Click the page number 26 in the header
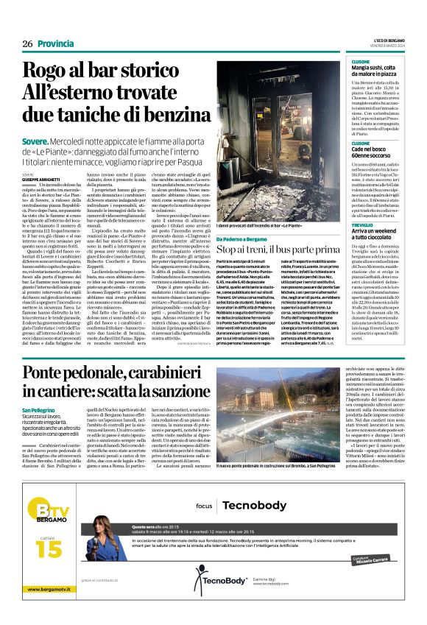27,43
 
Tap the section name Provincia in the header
55,43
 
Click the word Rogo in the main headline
68,73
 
